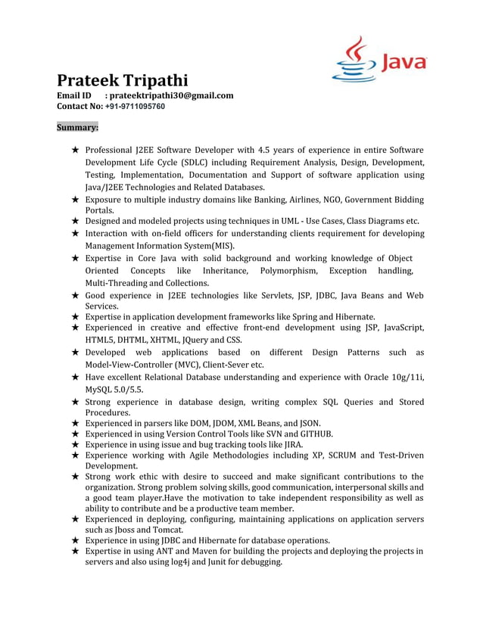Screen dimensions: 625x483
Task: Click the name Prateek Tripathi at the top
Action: (x=123, y=80)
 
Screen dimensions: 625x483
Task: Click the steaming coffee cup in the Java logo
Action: (x=354, y=60)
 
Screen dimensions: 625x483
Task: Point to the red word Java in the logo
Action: (x=404, y=62)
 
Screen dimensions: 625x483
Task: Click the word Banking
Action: (x=264, y=200)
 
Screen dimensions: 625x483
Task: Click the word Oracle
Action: (x=372, y=377)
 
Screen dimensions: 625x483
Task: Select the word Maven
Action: (x=201, y=551)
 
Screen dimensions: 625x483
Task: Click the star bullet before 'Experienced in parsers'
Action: (x=75, y=423)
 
